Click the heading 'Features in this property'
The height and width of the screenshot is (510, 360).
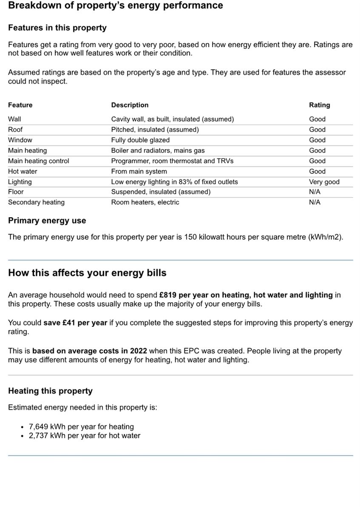[57, 28]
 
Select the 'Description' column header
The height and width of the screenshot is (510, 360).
[130, 105]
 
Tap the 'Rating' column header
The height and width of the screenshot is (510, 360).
[319, 105]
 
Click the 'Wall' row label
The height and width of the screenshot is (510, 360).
[14, 119]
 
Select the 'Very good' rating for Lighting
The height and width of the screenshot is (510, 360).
[324, 181]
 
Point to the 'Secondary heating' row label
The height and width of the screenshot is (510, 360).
[36, 202]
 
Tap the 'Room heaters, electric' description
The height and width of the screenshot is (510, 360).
[145, 202]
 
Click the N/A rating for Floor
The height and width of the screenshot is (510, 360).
[315, 192]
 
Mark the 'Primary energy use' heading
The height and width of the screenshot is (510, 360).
[47, 221]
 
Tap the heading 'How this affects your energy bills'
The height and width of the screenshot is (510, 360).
[87, 273]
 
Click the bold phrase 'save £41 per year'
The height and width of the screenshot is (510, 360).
[75, 323]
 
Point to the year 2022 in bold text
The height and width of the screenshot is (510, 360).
[139, 351]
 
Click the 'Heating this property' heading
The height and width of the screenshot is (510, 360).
[50, 391]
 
